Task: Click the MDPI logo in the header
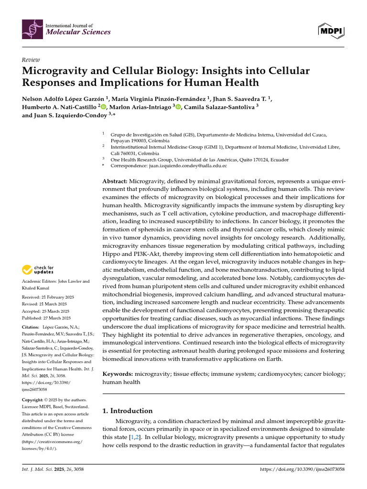tap(331, 31)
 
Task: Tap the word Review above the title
tap(31, 60)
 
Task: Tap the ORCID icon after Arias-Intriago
tap(178, 107)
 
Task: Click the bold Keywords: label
tap(118, 374)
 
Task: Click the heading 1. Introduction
tap(128, 411)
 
